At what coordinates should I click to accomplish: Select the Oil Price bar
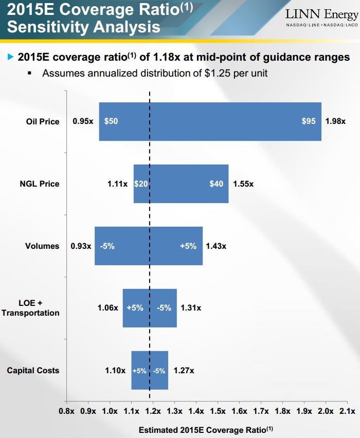[210, 122]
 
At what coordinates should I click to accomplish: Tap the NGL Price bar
[181, 184]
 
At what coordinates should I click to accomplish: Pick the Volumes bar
[149, 246]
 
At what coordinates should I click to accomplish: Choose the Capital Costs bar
[150, 370]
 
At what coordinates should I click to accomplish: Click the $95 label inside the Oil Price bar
[309, 122]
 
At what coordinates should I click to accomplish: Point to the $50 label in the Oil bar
[111, 122]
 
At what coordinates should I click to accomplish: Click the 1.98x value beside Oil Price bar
[335, 122]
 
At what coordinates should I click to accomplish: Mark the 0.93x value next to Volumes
[81, 246]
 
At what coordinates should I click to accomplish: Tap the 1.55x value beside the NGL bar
[243, 184]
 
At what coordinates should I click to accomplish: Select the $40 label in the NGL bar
[217, 184]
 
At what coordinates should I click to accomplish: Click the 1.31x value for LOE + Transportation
[191, 308]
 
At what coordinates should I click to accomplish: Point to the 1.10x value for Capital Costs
[115, 370]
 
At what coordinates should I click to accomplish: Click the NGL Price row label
[43, 184]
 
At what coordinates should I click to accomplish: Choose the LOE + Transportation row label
[31, 308]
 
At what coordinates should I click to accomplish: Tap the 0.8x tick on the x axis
[67, 411]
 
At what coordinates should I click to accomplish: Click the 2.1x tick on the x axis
[348, 411]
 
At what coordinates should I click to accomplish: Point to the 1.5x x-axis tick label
[218, 411]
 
